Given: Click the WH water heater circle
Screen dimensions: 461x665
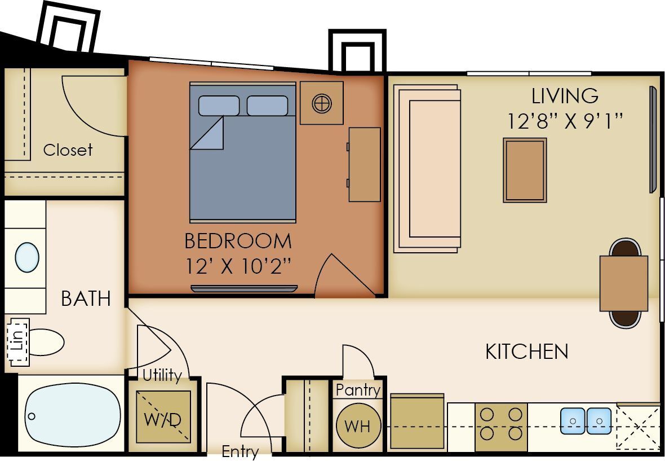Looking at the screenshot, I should click(x=358, y=425).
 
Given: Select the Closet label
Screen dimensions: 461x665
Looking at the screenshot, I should click(x=68, y=150).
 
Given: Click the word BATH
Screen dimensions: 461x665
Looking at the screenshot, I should click(x=86, y=298).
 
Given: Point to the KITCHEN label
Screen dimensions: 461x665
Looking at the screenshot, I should click(x=526, y=352).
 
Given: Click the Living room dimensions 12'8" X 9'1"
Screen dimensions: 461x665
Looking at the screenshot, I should click(x=565, y=121).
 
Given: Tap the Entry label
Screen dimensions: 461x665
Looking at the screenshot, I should click(x=240, y=451).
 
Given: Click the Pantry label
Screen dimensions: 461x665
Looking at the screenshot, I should click(x=358, y=390).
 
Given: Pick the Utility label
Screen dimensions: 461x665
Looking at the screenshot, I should click(x=162, y=375).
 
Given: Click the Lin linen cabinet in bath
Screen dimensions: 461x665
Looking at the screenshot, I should click(x=17, y=342).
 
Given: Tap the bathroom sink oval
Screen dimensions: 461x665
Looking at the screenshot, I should click(x=27, y=257).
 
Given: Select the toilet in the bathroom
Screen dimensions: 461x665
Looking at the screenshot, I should click(x=45, y=342).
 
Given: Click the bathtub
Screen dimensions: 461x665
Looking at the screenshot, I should click(x=72, y=417).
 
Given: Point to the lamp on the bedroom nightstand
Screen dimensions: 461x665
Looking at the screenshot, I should click(x=322, y=103).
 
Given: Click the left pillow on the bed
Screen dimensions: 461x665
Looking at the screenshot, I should click(x=219, y=106).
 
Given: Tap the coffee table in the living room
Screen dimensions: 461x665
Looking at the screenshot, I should click(x=525, y=170).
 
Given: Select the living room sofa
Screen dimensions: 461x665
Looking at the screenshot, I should click(x=428, y=168).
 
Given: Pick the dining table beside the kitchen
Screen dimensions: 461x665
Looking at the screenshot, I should click(x=623, y=283).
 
